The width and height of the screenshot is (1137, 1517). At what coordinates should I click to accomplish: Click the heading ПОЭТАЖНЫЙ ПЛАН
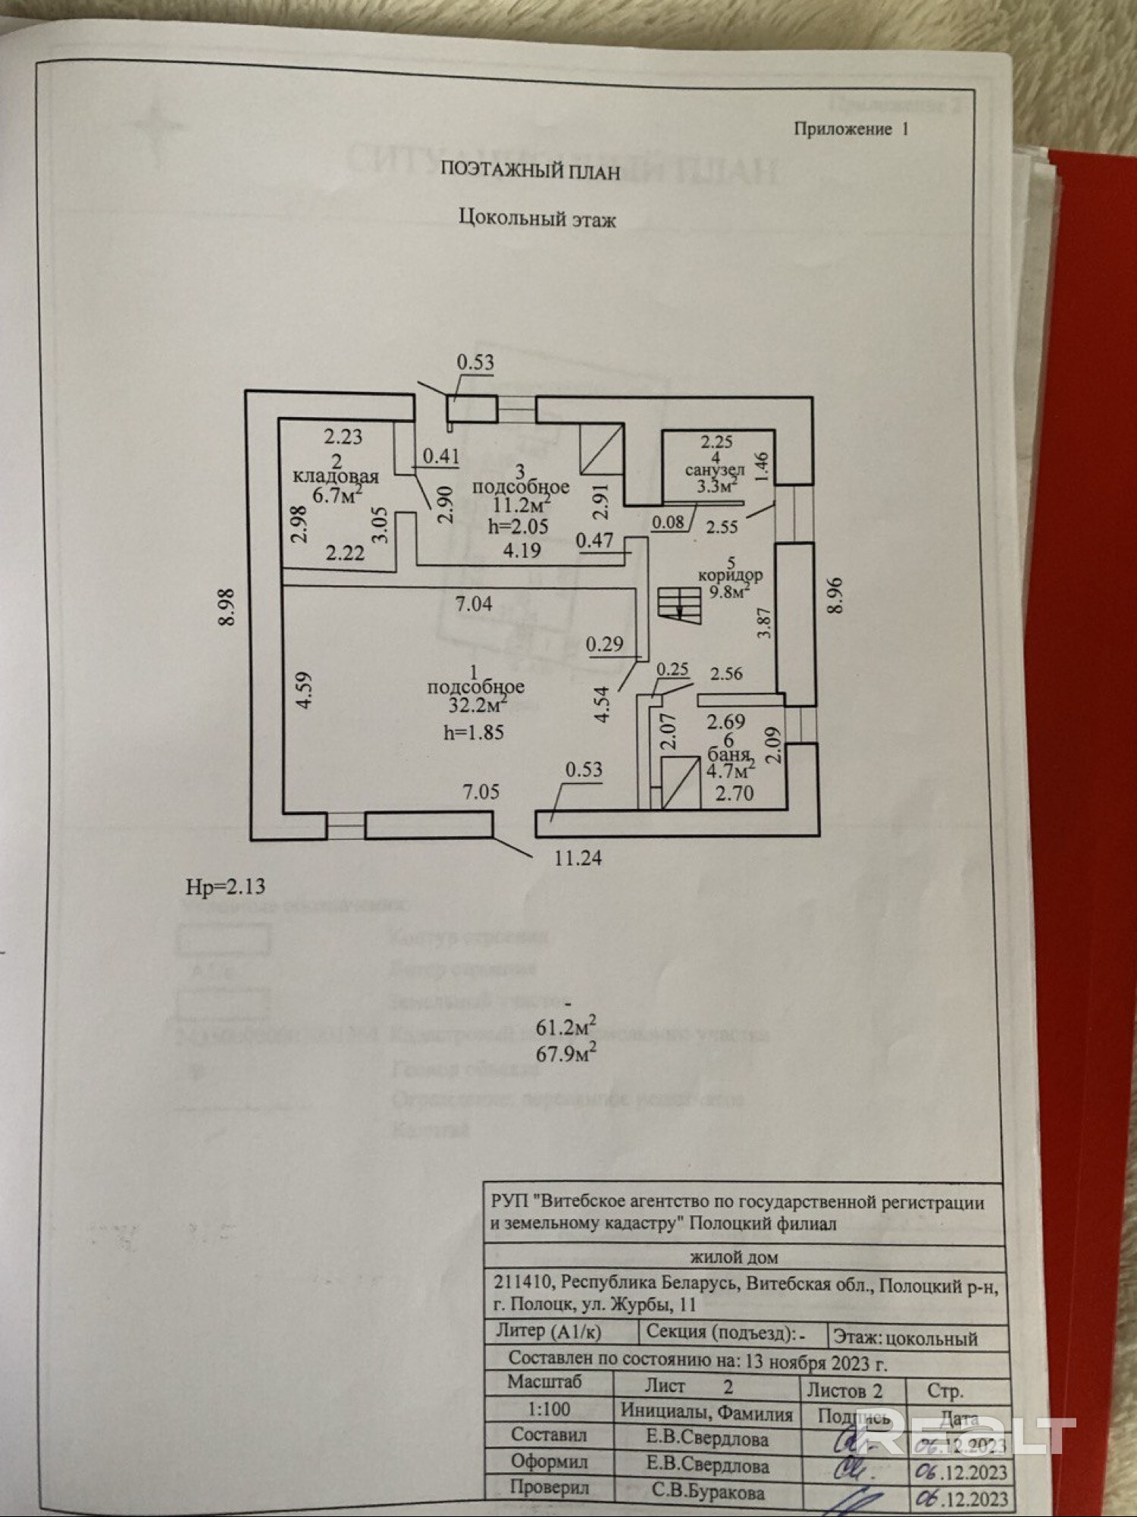531,171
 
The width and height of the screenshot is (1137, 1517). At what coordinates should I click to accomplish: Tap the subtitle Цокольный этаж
537,219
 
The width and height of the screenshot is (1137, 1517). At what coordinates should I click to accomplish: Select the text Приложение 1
850,129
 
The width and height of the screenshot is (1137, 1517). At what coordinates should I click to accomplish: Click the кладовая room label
336,477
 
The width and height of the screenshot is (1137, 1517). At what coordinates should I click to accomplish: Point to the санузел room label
714,470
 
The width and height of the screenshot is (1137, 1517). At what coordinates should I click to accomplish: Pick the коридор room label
731,575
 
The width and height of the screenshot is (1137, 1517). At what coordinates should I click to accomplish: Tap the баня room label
728,755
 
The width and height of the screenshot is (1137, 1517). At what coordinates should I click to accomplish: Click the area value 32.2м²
476,706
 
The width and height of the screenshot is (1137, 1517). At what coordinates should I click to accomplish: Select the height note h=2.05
518,526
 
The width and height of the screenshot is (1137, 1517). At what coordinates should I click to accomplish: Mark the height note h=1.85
473,732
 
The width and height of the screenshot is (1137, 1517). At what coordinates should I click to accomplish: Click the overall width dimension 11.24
578,858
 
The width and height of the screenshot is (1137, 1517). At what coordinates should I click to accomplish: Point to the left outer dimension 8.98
226,607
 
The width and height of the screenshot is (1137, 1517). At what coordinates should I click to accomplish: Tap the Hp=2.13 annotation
225,886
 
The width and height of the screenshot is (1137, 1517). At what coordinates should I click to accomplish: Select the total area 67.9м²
565,1053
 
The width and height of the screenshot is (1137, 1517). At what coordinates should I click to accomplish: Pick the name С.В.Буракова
708,1491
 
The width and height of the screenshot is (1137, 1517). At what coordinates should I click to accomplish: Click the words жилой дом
735,1257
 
